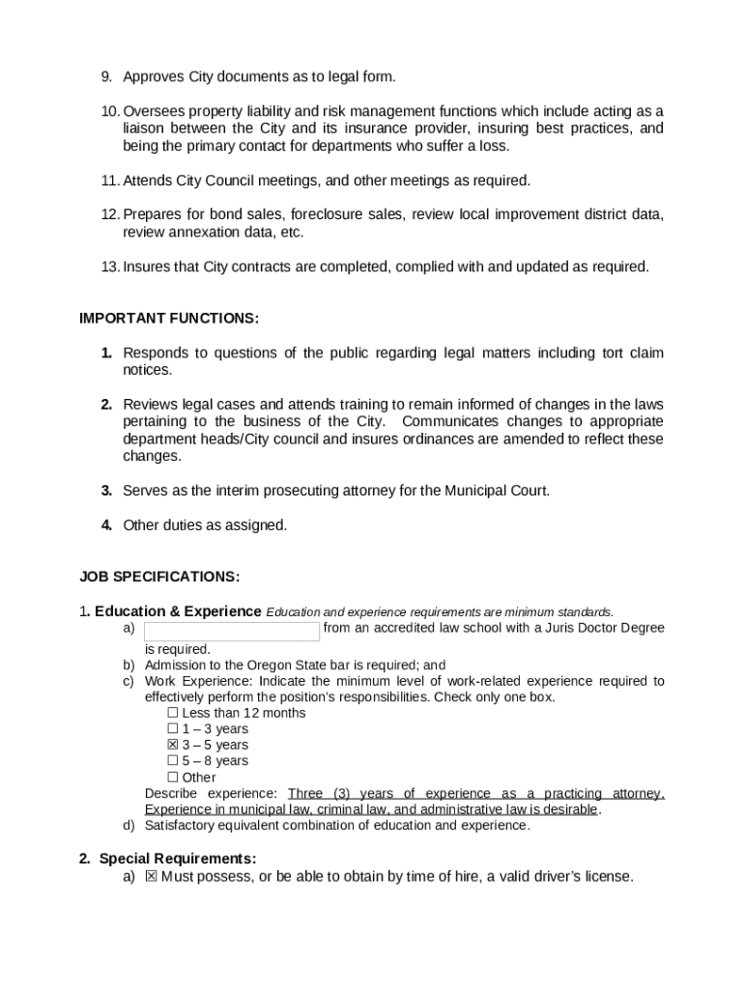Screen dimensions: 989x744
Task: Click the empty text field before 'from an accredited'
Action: (x=232, y=632)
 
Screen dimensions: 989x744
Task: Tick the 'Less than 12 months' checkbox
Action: (x=173, y=713)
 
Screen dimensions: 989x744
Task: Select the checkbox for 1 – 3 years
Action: (x=173, y=729)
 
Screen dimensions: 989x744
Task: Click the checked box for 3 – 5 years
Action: (x=173, y=745)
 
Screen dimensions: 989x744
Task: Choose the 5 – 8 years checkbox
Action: (x=173, y=761)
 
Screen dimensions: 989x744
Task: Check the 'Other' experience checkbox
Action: (x=173, y=777)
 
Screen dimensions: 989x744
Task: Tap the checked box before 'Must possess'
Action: (x=151, y=877)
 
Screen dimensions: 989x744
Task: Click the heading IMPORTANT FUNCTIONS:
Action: (x=168, y=319)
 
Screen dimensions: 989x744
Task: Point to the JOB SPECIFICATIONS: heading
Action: (x=159, y=577)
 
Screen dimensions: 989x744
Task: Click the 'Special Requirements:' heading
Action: (x=178, y=859)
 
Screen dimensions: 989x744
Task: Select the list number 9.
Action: (x=106, y=76)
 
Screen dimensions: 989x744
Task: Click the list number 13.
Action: (x=108, y=267)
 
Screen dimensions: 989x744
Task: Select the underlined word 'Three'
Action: (x=305, y=794)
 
